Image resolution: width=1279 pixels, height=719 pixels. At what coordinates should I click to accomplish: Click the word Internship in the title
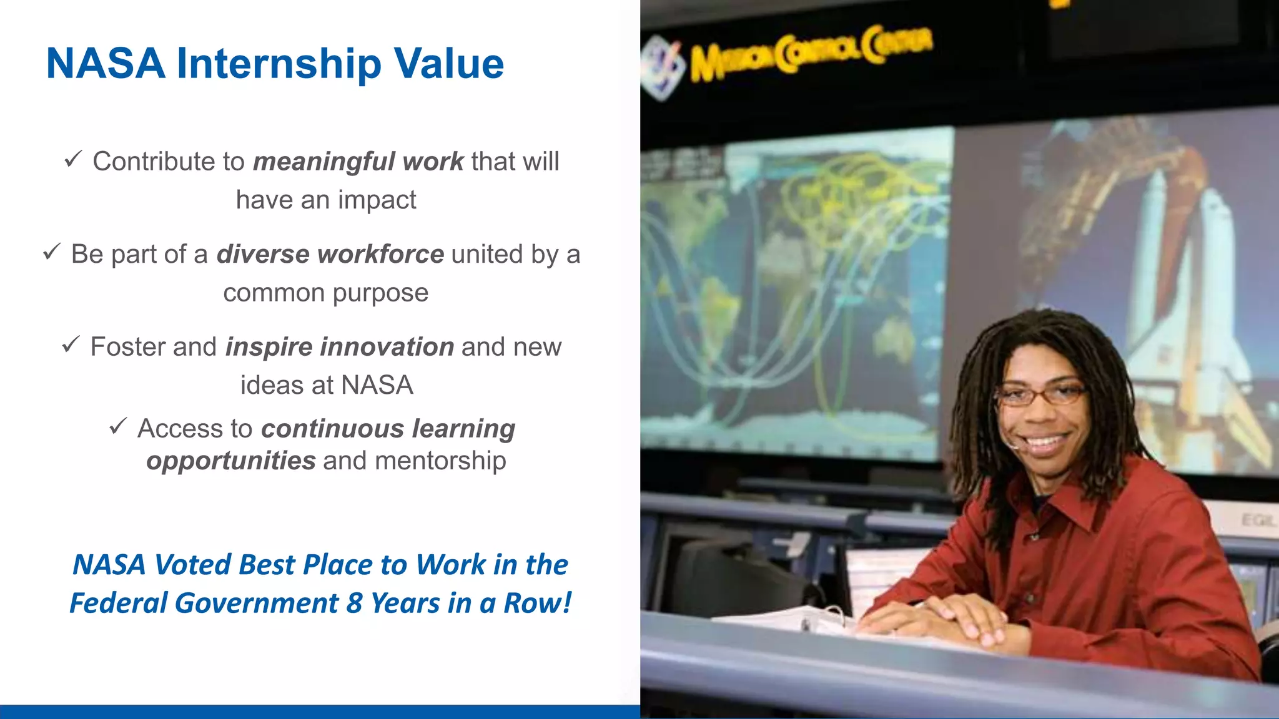[x=279, y=64]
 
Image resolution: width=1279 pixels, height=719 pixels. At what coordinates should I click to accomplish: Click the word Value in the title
[x=448, y=64]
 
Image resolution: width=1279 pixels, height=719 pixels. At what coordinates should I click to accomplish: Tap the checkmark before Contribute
[x=73, y=160]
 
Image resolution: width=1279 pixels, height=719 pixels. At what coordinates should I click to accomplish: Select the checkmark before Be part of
[x=52, y=252]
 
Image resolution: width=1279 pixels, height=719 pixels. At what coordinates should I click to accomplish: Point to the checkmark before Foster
[x=71, y=345]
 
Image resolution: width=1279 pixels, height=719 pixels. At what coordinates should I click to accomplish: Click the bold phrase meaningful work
[x=358, y=162]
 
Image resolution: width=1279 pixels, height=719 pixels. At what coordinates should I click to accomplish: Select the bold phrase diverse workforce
[x=330, y=255]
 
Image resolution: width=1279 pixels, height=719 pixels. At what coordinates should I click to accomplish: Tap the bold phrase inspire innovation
[x=339, y=347]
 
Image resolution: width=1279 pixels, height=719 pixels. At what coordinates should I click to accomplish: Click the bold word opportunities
[x=231, y=461]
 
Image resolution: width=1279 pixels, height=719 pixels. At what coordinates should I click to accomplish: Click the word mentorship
[x=440, y=461]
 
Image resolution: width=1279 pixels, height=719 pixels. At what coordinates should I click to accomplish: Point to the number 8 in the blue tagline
[x=355, y=604]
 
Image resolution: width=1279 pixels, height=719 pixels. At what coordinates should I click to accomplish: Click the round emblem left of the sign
[x=662, y=66]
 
